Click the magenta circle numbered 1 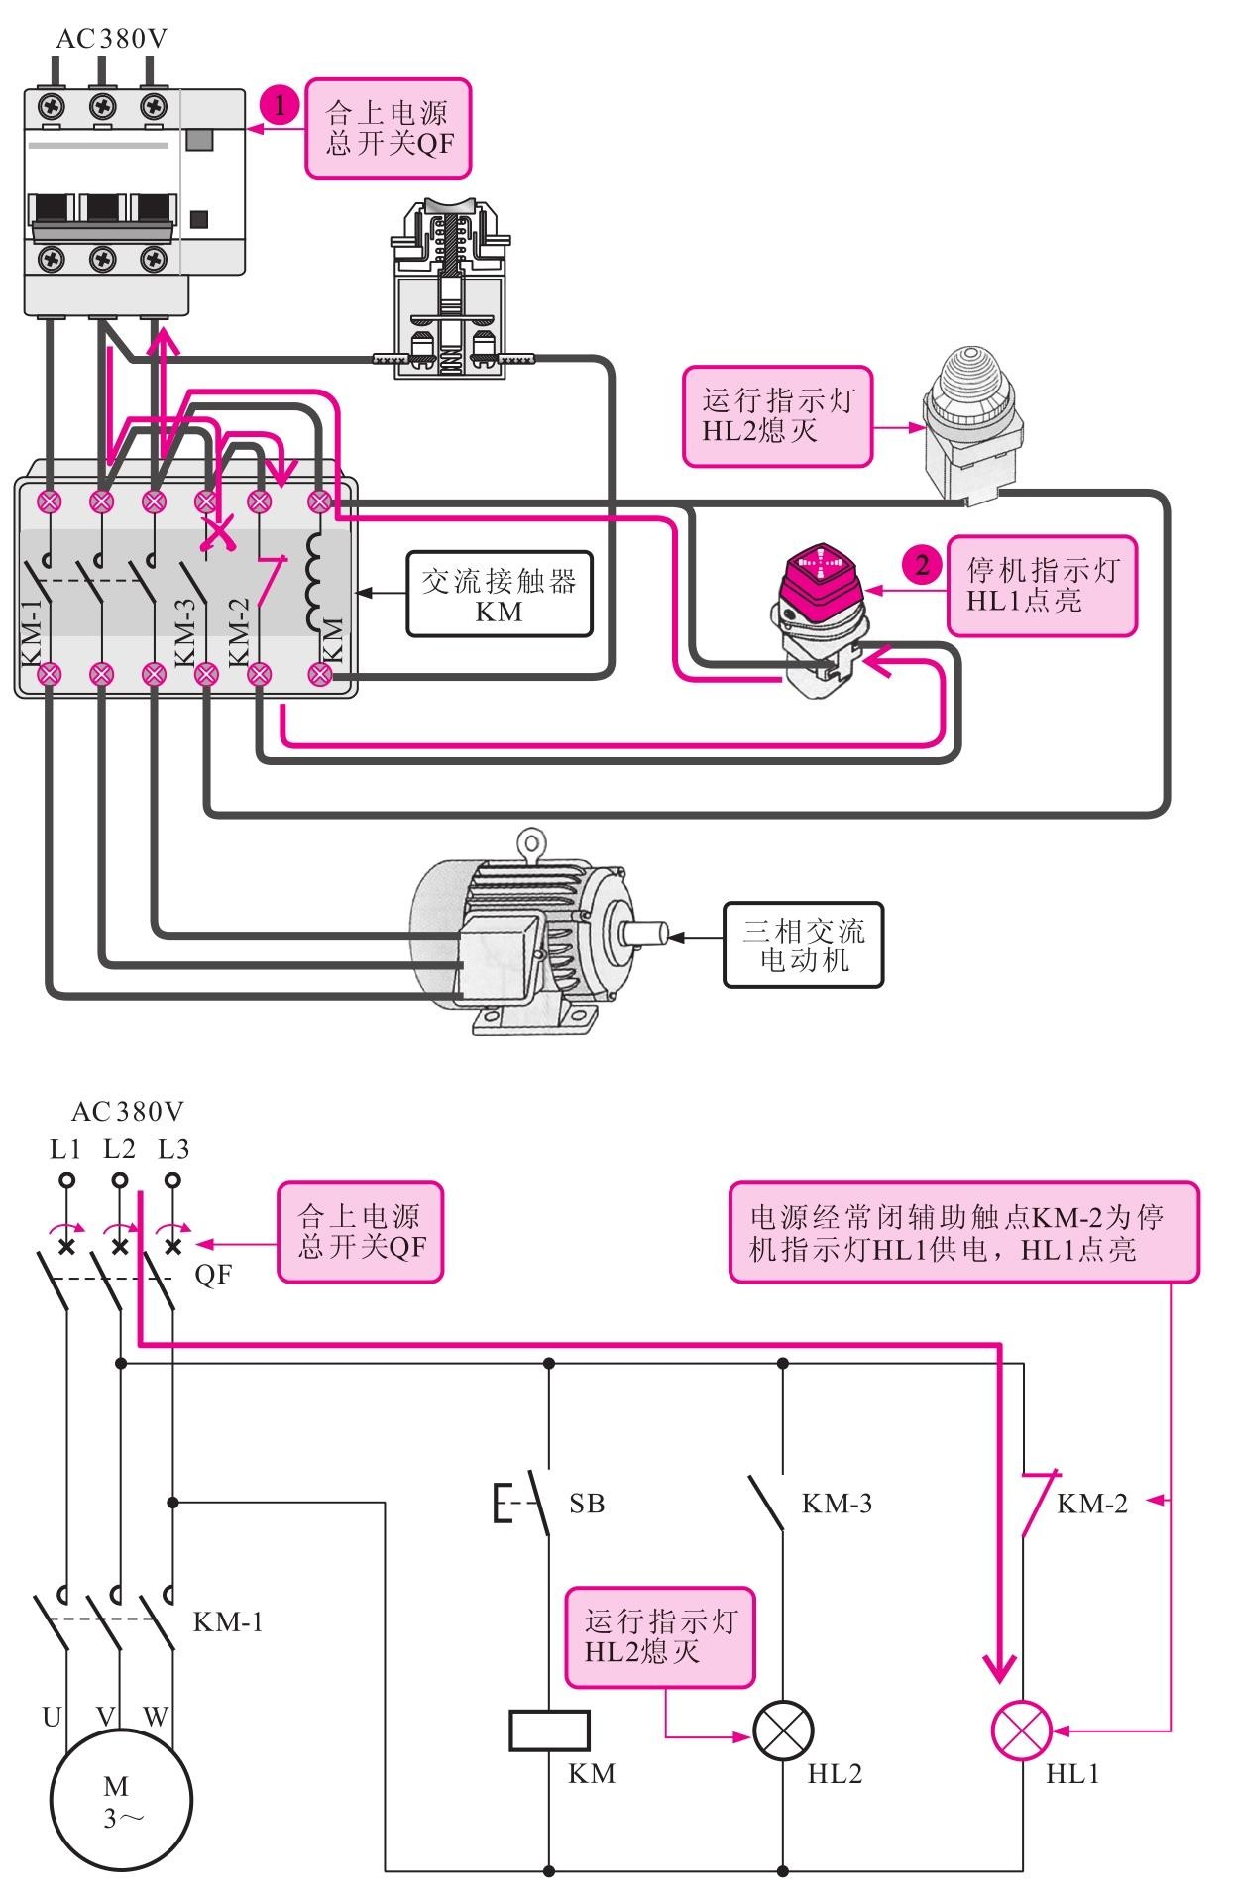281,104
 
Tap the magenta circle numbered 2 922,566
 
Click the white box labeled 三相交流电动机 803,945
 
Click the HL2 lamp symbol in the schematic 783,1731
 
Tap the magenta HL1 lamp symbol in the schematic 1022,1731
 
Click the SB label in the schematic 587,1504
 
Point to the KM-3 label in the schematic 837,1504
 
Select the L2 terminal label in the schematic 119,1149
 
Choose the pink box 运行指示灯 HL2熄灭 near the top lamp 777,416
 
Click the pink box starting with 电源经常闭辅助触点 963,1232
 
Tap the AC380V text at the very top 112,39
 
